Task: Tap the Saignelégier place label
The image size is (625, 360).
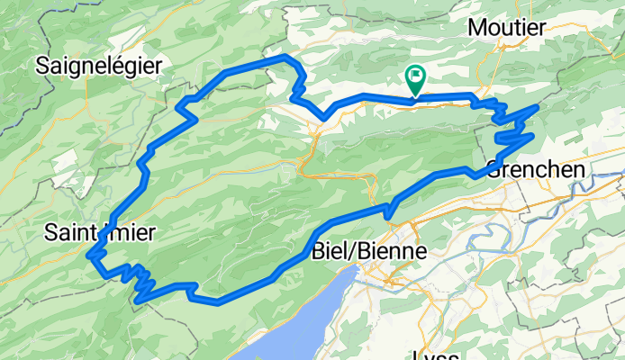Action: pos(99,65)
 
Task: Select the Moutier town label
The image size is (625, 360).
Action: pos(507,28)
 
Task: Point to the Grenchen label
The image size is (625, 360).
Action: pos(536,168)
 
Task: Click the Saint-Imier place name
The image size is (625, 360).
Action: pos(100,233)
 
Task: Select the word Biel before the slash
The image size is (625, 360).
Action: pos(327,254)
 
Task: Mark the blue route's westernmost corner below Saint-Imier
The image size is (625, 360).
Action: pos(90,256)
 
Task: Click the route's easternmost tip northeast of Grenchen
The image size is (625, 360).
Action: pos(538,107)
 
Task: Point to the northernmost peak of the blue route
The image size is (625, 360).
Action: pos(286,58)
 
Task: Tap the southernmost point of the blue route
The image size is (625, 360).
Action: pos(218,302)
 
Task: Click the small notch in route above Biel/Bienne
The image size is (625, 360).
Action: pos(389,211)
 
